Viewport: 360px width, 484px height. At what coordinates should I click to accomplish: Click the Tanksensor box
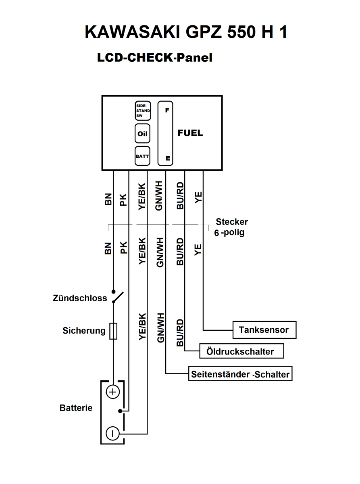coord(264,330)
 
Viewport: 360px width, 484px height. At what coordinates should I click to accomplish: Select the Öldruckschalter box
coord(242,351)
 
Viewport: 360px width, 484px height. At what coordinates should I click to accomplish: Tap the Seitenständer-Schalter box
coord(240,374)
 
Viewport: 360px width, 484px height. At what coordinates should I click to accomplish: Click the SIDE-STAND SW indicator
coord(142,111)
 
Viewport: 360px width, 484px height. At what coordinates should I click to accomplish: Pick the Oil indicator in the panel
coord(142,134)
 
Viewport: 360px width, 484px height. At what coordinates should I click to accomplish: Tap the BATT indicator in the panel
coord(142,156)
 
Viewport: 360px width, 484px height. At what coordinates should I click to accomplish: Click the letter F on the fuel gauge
coord(167,110)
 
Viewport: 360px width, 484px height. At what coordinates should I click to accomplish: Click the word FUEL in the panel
coord(190,133)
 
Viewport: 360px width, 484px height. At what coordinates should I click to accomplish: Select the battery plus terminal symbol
coord(113,392)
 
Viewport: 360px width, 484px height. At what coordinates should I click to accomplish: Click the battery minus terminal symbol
coord(112,434)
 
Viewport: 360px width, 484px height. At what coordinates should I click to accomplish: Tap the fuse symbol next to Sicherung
coord(113,331)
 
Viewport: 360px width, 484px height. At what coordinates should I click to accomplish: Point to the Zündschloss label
coord(80,298)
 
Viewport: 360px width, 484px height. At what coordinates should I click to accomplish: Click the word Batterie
coord(76,408)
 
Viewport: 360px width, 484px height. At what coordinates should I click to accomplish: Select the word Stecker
coord(232,222)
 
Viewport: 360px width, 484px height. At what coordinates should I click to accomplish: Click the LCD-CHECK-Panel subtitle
coord(154,58)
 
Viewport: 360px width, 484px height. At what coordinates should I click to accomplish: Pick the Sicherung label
coord(84,331)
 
